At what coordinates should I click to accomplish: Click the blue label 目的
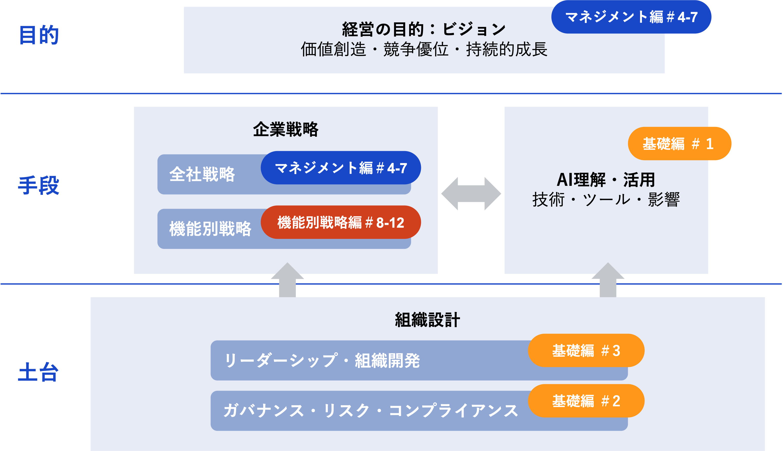point(39,35)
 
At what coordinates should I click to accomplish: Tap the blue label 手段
point(39,185)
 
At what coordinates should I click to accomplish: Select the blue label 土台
point(38,372)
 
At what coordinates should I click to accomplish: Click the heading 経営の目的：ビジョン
point(424,30)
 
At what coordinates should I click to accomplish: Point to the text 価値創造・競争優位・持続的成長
point(424,50)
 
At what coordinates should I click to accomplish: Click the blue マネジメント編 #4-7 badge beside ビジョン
point(631,17)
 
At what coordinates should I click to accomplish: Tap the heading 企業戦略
point(285,129)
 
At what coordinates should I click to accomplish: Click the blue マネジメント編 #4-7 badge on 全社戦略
point(341,168)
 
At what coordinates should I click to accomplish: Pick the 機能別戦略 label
point(210,229)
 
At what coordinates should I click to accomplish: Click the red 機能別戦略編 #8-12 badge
point(341,222)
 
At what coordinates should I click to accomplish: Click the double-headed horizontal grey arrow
point(471,194)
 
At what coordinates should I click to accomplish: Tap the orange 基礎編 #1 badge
point(679,144)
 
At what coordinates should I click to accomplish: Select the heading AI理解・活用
point(606,180)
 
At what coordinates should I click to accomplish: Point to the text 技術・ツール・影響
point(606,199)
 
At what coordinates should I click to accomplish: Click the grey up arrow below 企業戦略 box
point(288,280)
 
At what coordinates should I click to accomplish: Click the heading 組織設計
point(427,320)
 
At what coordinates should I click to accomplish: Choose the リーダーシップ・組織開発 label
point(322,361)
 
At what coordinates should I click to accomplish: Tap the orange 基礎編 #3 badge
point(586,351)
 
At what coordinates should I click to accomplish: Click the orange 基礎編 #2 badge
point(586,401)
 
